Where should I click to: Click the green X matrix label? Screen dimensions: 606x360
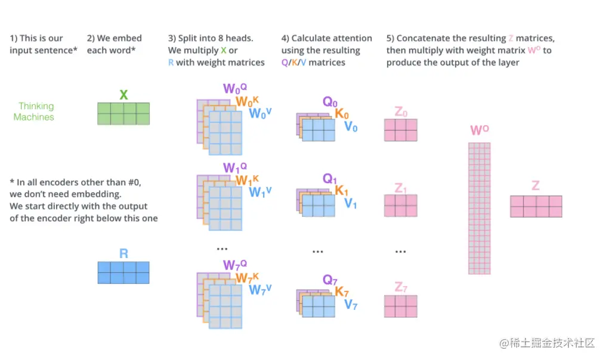(x=123, y=94)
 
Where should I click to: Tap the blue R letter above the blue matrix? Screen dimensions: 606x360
(x=123, y=253)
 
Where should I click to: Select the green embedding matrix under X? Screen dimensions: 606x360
(x=123, y=113)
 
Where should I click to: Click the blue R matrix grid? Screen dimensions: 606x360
(x=123, y=272)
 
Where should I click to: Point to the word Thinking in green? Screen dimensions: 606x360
(x=36, y=106)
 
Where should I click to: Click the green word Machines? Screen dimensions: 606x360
(x=34, y=117)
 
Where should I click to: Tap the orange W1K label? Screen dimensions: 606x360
(x=248, y=180)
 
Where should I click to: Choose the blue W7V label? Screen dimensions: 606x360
(x=260, y=290)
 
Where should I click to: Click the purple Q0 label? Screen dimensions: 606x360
(x=330, y=102)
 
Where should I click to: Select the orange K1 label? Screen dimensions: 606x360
(x=341, y=191)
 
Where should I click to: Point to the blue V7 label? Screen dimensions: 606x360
(x=351, y=305)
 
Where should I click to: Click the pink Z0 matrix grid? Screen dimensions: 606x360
(x=400, y=129)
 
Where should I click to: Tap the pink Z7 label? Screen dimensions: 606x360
(x=401, y=287)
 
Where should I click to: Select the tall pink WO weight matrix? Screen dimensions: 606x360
(x=479, y=209)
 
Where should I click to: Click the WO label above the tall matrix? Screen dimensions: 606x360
(x=480, y=131)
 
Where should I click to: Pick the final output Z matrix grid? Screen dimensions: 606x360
(x=536, y=206)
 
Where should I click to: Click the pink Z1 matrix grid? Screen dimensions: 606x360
(x=400, y=206)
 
